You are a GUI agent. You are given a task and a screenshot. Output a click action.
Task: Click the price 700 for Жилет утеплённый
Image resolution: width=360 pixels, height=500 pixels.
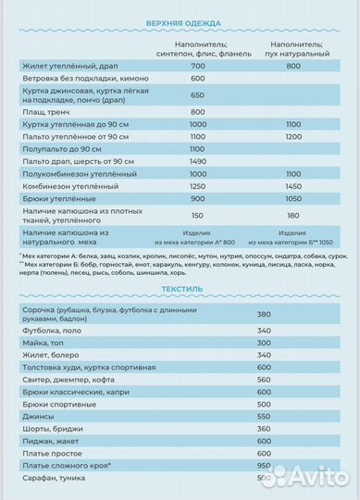click(198, 67)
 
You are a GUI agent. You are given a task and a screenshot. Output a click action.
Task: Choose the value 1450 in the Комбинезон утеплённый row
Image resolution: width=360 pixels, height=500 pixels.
click(295, 185)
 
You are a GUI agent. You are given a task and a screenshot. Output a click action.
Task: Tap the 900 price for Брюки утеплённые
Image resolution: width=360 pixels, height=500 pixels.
click(198, 198)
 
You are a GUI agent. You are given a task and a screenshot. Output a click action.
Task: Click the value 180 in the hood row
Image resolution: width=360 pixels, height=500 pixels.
click(295, 215)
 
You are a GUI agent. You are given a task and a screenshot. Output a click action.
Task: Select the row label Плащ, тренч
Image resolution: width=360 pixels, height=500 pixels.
click(42, 110)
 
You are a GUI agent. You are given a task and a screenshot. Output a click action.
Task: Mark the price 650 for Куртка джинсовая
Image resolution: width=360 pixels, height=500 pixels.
click(198, 94)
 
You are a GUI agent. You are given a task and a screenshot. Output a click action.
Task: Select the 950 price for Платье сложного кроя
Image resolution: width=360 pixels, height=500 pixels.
click(264, 468)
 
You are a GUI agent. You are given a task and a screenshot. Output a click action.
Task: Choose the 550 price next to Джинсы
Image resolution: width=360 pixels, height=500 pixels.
click(264, 417)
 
